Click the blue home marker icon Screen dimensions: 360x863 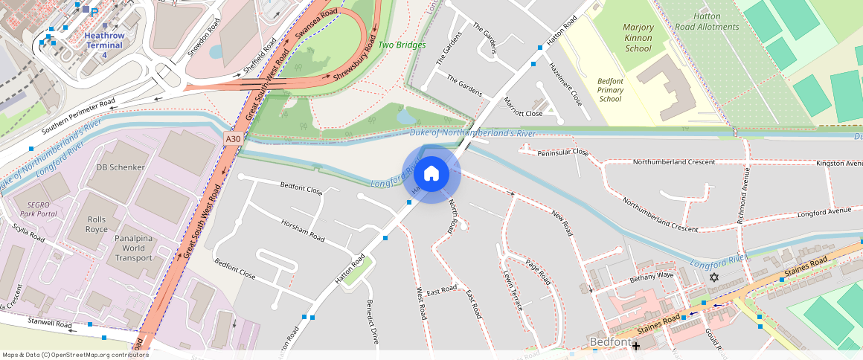click(x=431, y=174)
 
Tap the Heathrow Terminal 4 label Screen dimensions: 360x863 click(x=104, y=45)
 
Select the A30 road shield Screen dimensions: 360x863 click(x=233, y=138)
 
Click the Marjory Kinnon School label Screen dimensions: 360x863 click(x=638, y=38)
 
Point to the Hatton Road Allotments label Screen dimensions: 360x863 click(x=705, y=22)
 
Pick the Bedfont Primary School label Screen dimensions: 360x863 click(x=609, y=90)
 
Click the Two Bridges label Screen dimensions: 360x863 click(x=402, y=45)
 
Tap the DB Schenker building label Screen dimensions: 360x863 click(x=120, y=167)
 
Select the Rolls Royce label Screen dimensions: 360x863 click(x=97, y=224)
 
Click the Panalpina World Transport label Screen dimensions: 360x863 click(x=134, y=248)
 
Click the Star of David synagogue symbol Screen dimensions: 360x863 click(x=714, y=277)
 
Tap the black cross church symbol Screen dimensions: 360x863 click(x=635, y=345)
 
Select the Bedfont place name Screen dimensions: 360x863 click(x=609, y=341)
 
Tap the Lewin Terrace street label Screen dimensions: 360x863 click(x=513, y=291)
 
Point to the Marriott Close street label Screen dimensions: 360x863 click(x=523, y=107)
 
